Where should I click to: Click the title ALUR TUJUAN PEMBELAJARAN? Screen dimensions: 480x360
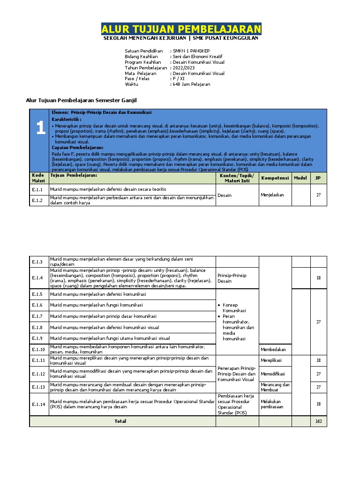tap(181, 30)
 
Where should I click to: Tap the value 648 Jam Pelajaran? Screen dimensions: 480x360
tap(192, 84)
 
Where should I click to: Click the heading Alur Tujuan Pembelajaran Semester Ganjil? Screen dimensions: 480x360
tap(81, 100)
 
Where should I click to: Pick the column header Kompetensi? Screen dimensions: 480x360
tap(275, 178)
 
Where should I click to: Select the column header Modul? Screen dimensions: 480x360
tap(300, 178)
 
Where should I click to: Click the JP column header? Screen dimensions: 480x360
tap(318, 178)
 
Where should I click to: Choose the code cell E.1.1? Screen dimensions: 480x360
tap(37, 190)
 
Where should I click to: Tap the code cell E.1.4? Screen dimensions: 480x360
tap(37, 278)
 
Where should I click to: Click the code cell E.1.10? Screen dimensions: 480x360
tap(38, 350)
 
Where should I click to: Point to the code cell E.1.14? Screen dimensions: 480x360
tap(38, 404)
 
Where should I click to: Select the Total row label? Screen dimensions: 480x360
tap(120, 421)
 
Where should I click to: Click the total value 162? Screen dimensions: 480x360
tap(318, 421)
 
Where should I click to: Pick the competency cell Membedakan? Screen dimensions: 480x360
tap(274, 350)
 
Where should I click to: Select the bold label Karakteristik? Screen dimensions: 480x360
tap(67, 120)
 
